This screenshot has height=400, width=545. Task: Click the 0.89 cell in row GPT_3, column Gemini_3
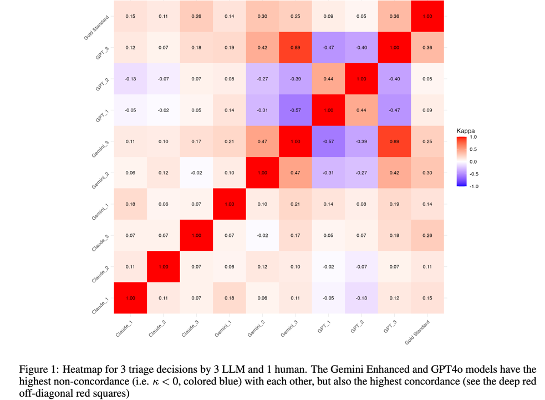[x=296, y=48]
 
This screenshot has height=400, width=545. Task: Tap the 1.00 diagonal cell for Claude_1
[x=130, y=298]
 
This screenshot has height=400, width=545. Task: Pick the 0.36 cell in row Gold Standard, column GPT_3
[x=394, y=17]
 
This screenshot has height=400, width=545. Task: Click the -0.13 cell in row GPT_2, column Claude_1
[x=130, y=79]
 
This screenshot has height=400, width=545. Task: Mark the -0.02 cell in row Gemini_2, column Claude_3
[x=196, y=173]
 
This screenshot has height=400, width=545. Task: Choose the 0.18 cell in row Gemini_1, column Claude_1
[x=130, y=204]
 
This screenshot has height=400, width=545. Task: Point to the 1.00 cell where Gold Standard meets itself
[x=427, y=17]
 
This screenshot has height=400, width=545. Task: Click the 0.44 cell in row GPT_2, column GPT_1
[x=328, y=79]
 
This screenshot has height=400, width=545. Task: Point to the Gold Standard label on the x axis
[x=416, y=333]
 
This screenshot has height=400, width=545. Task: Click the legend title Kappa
[x=466, y=131]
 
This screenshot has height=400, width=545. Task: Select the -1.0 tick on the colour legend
[x=473, y=186]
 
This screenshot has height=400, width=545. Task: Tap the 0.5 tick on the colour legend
[x=473, y=149]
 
